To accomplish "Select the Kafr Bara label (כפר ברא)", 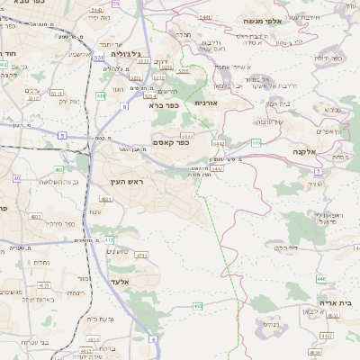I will click(165, 105).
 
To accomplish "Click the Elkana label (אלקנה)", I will click(304, 152).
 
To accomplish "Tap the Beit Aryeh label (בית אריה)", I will click(337, 303).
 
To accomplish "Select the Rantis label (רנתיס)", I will click(270, 323).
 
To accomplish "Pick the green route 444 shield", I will click(101, 94).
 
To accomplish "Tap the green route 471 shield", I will click(109, 239).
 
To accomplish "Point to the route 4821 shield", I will click(105, 199).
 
